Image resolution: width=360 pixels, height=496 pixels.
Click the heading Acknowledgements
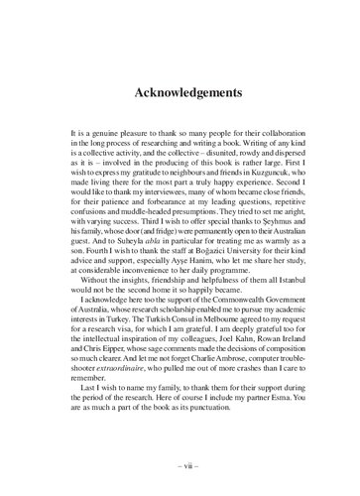pyautogui.click(x=180, y=93)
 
